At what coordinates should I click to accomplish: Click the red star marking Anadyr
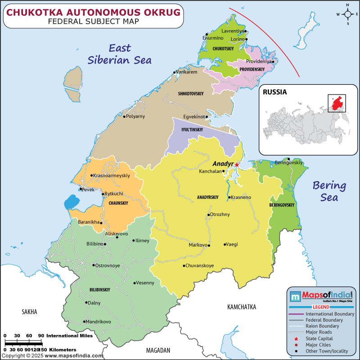(237, 165)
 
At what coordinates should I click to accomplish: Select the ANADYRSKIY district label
(207, 197)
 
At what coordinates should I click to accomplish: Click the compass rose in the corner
(347, 14)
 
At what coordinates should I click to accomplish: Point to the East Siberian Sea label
(120, 54)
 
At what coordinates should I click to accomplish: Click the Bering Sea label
(329, 191)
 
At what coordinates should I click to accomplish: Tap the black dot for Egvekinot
(207, 117)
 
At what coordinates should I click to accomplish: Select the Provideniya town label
(259, 61)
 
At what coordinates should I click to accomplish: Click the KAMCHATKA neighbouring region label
(241, 307)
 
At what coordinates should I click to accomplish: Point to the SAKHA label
(29, 311)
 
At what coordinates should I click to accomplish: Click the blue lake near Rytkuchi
(71, 202)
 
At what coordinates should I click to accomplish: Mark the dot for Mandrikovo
(84, 321)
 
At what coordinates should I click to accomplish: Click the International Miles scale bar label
(69, 336)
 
